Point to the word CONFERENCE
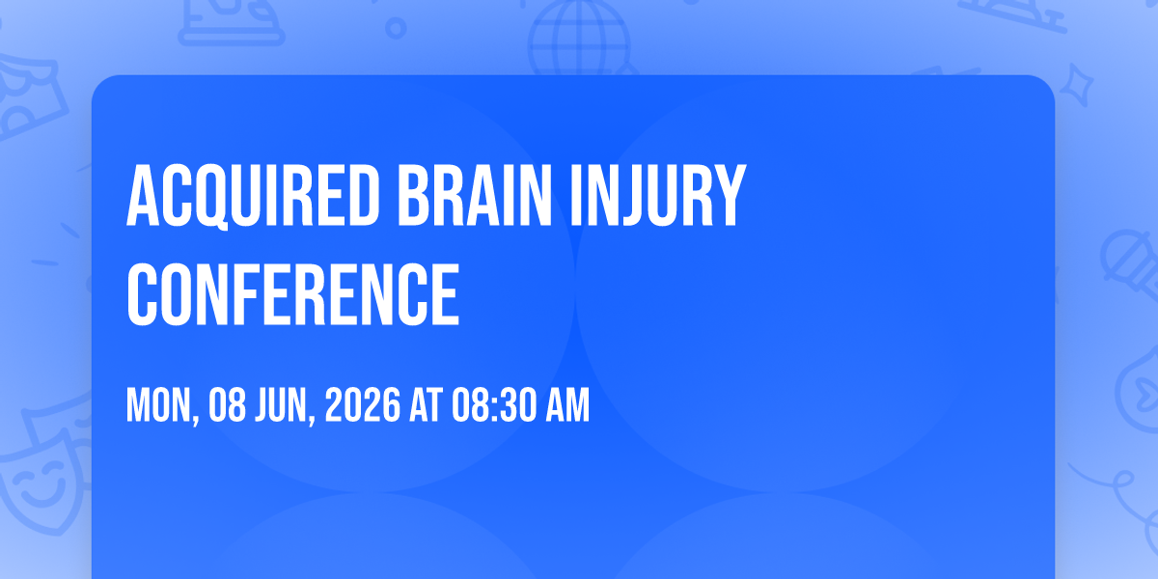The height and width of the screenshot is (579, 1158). click(x=292, y=293)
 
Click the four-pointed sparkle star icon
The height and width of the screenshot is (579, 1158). click(x=1077, y=85)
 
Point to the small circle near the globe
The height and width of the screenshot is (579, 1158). click(x=396, y=28)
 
